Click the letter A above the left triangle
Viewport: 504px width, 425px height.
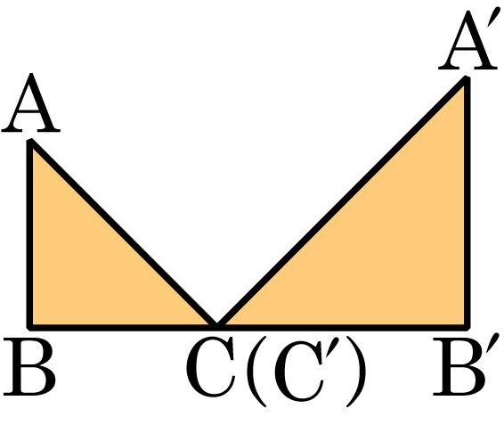[31, 103]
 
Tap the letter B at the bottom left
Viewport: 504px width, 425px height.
[29, 367]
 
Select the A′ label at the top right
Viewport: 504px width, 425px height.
[468, 39]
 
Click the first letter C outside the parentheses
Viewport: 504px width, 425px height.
[210, 366]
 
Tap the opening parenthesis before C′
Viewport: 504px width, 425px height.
[257, 372]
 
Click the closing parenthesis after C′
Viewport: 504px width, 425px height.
[355, 372]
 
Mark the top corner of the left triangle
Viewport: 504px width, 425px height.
[30, 141]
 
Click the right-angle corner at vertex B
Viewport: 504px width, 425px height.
[29, 327]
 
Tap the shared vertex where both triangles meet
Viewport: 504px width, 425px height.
[216, 326]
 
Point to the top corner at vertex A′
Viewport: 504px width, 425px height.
[467, 78]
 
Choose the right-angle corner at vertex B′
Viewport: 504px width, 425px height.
[467, 327]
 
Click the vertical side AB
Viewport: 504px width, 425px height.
[29, 234]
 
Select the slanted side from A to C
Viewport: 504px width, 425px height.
[124, 233]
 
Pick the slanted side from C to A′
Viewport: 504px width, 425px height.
[342, 202]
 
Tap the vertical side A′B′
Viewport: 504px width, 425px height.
[467, 202]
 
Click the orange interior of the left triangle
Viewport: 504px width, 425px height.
[84, 274]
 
